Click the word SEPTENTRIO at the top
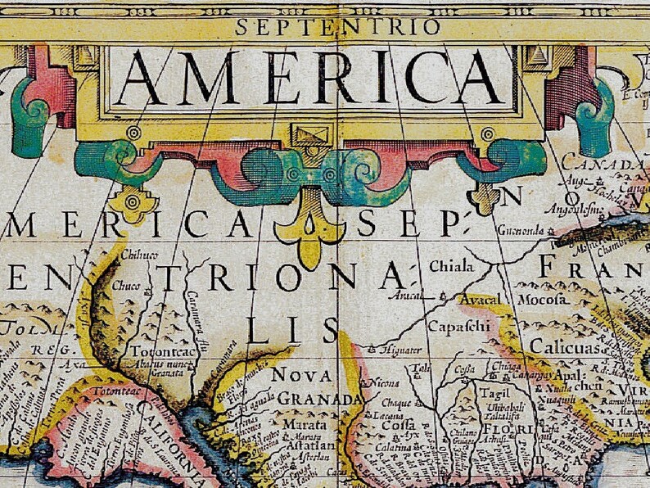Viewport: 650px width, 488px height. coord(326,26)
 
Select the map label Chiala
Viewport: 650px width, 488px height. coord(451,267)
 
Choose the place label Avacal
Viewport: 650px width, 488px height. coord(479,300)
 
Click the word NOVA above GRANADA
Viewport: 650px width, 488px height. coord(303,375)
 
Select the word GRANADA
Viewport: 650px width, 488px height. coord(320,399)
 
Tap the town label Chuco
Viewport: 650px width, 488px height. coord(126,287)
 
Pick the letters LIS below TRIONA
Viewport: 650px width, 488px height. coord(292,332)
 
